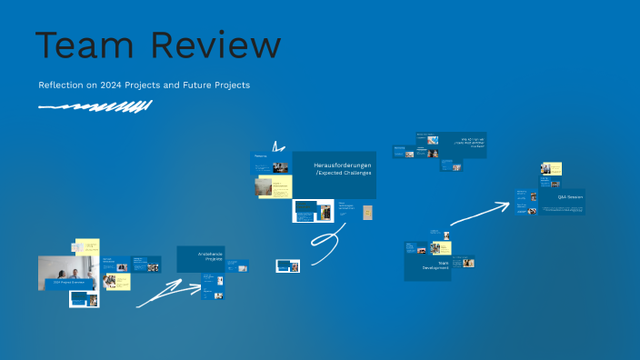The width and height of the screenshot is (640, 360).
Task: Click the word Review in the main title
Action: pyautogui.click(x=215, y=45)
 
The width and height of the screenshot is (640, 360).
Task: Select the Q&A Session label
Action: pyautogui.click(x=570, y=196)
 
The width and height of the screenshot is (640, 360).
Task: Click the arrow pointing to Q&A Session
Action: pyautogui.click(x=479, y=213)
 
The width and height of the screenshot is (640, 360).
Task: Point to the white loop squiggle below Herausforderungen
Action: pyautogui.click(x=325, y=245)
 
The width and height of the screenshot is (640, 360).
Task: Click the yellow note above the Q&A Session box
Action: pyautogui.click(x=552, y=169)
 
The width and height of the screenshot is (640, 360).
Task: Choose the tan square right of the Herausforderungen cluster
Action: pyautogui.click(x=368, y=213)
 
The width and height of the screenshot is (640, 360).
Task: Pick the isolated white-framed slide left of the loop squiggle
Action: pyautogui.click(x=288, y=265)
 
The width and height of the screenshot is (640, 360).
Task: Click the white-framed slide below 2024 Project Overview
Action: pyautogui.click(x=84, y=299)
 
